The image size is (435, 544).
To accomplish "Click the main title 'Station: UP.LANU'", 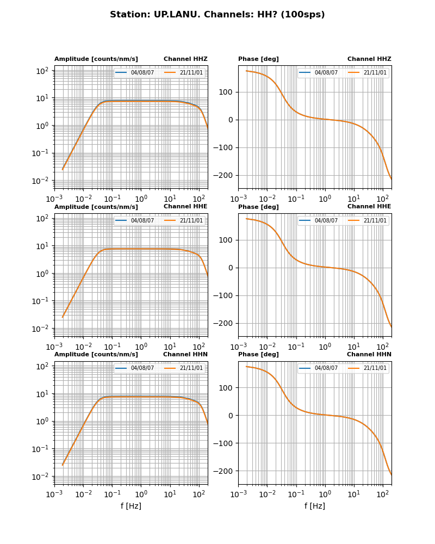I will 217,15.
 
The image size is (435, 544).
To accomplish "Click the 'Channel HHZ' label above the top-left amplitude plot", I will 185,59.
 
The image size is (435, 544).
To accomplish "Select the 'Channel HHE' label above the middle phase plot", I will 369,207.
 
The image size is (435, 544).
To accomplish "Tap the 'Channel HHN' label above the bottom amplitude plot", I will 185,355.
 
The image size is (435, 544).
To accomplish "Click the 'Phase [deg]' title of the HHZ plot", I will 258,59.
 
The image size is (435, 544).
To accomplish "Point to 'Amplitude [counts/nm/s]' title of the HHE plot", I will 96,207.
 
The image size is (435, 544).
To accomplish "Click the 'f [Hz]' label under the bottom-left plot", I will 131,506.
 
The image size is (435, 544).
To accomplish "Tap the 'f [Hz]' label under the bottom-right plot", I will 315,506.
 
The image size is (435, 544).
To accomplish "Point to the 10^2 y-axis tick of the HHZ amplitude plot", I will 43,71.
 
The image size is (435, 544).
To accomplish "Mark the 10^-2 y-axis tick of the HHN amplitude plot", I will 42,477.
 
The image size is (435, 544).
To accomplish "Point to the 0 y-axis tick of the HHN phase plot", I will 232,416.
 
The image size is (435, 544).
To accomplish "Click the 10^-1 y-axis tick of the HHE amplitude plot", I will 42,301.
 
